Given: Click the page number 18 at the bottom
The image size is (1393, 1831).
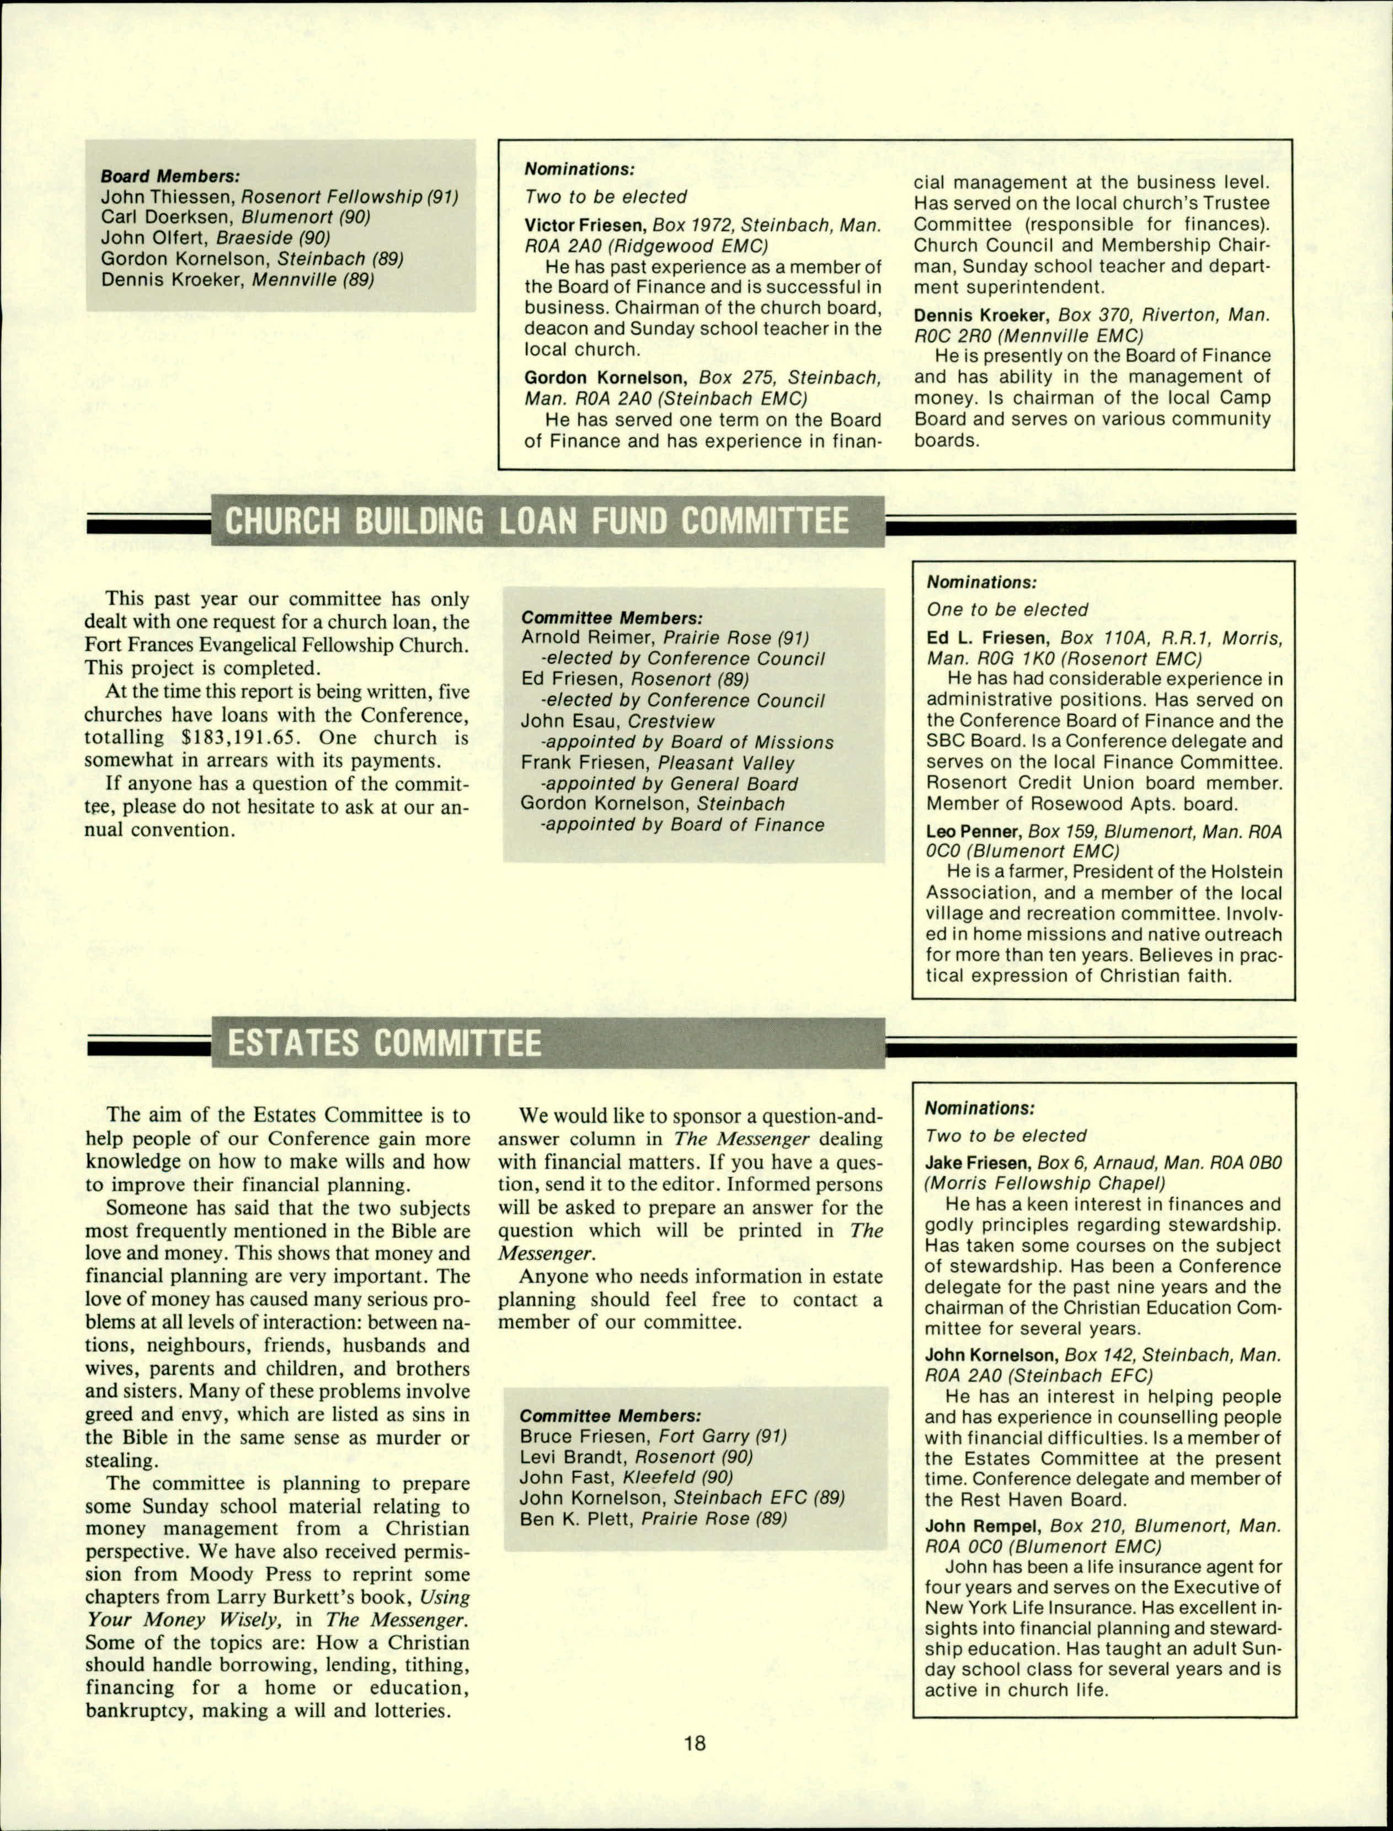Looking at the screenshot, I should click(x=695, y=1743).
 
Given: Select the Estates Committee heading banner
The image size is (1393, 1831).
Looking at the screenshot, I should click(x=384, y=1043).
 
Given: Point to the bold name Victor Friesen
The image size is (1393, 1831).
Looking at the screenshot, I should click(x=585, y=225).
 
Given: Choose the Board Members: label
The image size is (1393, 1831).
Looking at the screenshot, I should click(x=170, y=176).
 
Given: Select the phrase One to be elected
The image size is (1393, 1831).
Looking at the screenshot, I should click(x=1007, y=609).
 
